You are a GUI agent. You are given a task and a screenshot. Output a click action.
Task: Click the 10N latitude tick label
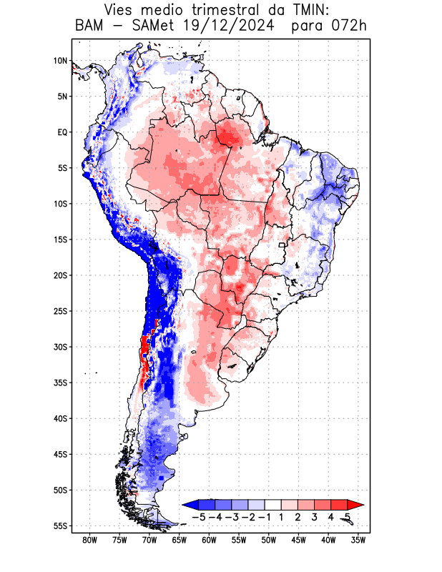60,61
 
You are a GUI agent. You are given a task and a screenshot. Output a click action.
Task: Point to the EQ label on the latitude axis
62,132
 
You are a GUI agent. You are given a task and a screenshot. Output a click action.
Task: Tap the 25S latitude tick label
60,311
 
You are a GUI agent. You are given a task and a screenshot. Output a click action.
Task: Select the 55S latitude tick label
60,526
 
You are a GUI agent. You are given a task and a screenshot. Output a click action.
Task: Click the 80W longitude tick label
89,541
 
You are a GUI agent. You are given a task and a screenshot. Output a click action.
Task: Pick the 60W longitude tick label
209,541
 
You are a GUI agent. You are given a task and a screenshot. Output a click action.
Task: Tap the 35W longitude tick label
358,541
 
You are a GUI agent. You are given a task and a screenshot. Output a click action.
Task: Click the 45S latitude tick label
60,454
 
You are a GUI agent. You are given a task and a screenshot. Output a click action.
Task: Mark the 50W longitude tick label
269,541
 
